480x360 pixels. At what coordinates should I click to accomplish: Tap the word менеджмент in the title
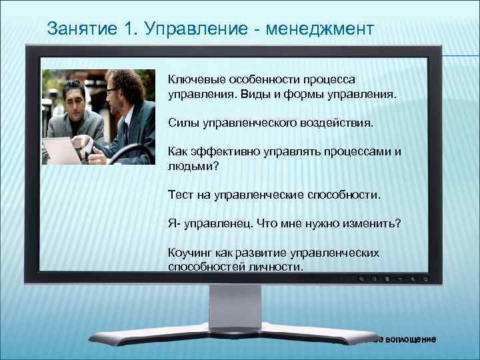point(320,29)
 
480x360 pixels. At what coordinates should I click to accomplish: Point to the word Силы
point(181,123)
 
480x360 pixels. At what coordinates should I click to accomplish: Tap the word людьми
point(189,166)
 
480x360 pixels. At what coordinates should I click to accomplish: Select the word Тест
point(180,195)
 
